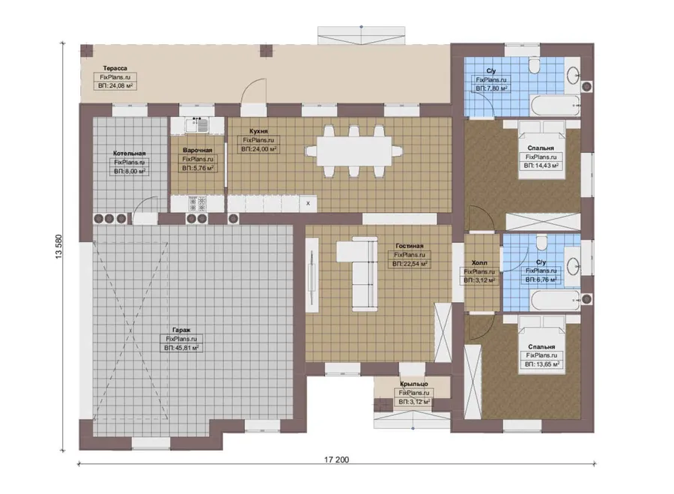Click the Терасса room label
[x=115, y=68]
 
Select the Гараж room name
[x=181, y=330]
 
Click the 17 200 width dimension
[x=336, y=460]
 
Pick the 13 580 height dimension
[x=59, y=247]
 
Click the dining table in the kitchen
[x=354, y=151]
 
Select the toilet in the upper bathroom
[x=534, y=67]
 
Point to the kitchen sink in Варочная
[x=197, y=125]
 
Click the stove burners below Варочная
[x=198, y=204]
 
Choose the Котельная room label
[x=130, y=153]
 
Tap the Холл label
[x=479, y=262]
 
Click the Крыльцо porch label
[x=414, y=384]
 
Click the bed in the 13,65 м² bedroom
[x=541, y=345]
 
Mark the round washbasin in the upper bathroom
[x=573, y=76]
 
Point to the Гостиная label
[x=409, y=246]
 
